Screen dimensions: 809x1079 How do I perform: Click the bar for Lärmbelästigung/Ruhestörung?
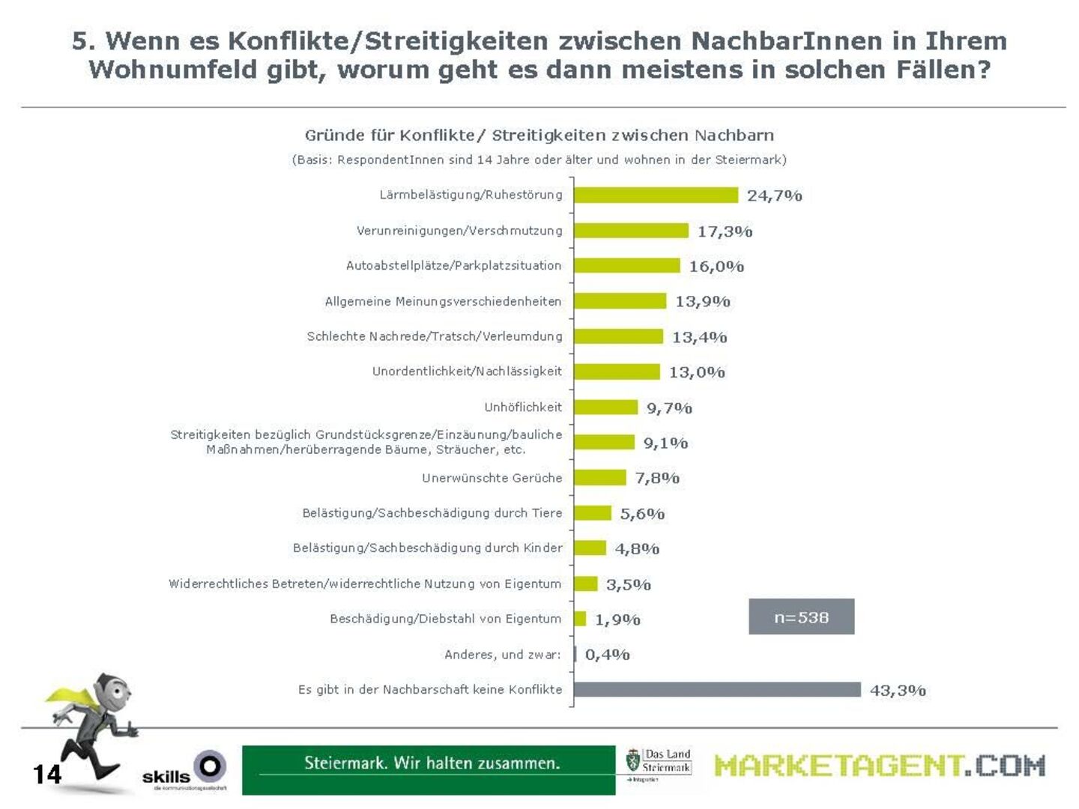[x=656, y=196]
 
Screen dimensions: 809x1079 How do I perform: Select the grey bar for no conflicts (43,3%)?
[x=717, y=690]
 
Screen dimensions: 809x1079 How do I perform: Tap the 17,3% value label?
[x=725, y=231]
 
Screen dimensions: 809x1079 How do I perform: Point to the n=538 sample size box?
[x=801, y=617]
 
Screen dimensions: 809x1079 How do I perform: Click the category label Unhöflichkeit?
[x=523, y=407]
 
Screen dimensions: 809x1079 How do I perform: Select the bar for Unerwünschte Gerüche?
[x=600, y=478]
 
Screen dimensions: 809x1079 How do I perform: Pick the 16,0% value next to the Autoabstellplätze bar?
[x=716, y=267]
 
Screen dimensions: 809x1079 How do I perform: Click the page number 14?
[x=47, y=775]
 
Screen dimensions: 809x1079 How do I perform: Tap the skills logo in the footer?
[x=184, y=772]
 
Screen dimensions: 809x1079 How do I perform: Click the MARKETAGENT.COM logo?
[x=879, y=766]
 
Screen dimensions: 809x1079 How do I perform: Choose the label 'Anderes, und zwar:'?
[x=503, y=655]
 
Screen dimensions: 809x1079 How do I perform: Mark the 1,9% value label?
[x=617, y=619]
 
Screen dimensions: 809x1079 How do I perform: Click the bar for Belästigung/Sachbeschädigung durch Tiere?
[x=593, y=513]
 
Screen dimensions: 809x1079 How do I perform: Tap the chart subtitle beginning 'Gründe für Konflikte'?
[x=539, y=136]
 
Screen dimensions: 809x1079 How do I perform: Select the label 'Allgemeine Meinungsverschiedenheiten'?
[x=443, y=302]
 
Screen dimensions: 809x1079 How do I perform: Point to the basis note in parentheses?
[x=539, y=160]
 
